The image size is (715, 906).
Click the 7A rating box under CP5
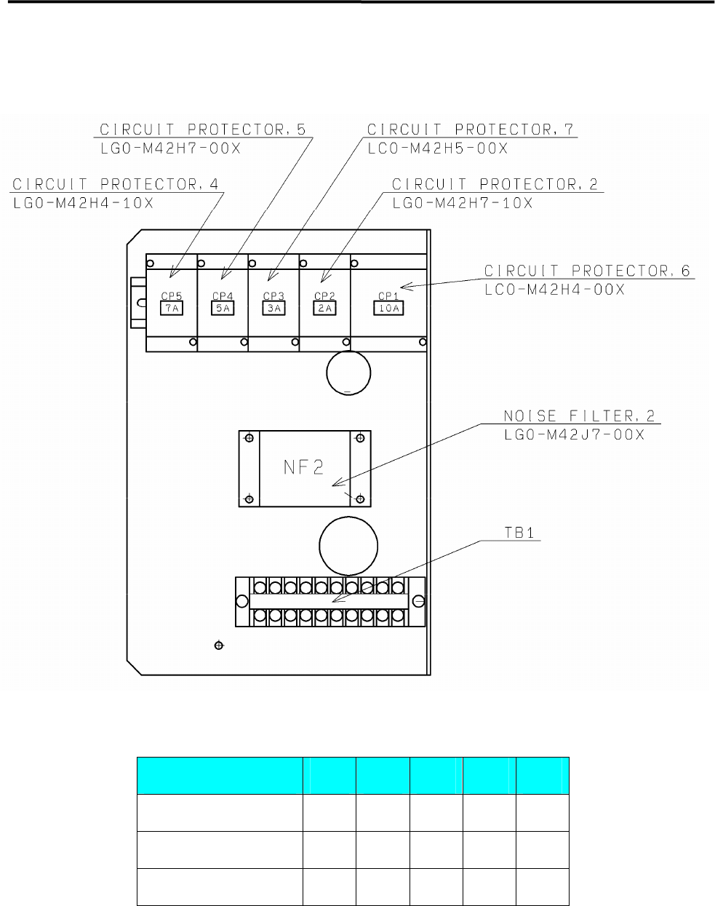click(x=172, y=308)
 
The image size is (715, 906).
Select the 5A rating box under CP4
click(x=223, y=308)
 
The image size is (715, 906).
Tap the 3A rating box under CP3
click(x=273, y=308)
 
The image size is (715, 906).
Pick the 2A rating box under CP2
click(x=324, y=308)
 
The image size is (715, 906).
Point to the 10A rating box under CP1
click(x=388, y=308)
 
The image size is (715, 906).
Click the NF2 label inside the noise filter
click(x=303, y=467)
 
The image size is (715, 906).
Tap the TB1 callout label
click(x=519, y=533)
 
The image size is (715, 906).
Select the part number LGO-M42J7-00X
click(x=573, y=434)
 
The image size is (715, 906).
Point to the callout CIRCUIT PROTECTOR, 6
click(x=588, y=271)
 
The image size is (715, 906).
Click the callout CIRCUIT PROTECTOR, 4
click(x=116, y=184)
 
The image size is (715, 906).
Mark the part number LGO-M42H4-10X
click(x=84, y=203)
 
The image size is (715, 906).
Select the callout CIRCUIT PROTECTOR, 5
click(x=203, y=130)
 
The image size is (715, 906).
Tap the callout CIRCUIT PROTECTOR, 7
click(x=471, y=130)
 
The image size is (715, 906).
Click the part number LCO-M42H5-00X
click(x=437, y=148)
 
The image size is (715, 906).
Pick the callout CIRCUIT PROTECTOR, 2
click(x=495, y=184)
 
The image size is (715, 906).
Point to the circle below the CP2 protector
click(x=349, y=373)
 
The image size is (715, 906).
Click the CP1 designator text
click(x=388, y=296)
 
